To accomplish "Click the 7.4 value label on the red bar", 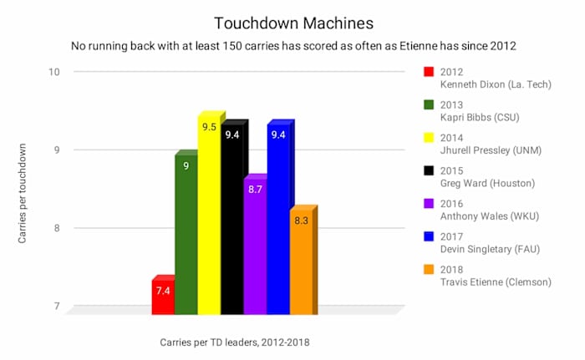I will pos(163,291).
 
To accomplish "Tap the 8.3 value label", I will pos(302,221).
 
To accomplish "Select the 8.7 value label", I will pos(255,190).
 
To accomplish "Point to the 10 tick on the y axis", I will pos(54,72).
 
